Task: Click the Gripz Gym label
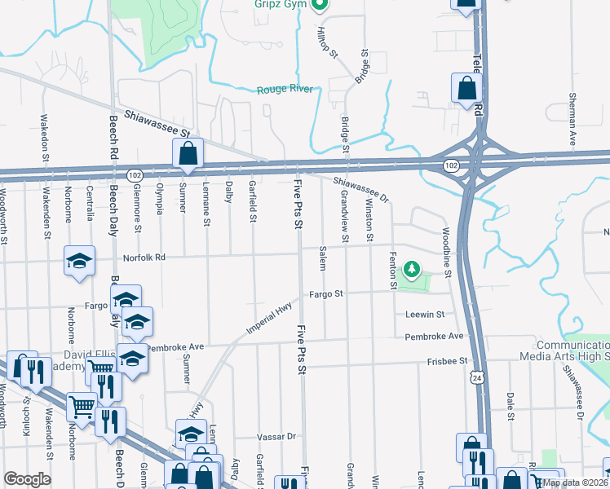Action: pyautogui.click(x=280, y=5)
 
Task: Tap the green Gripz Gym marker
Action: pyautogui.click(x=320, y=5)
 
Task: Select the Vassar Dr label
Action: pyautogui.click(x=276, y=437)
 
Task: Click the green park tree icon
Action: pyautogui.click(x=413, y=268)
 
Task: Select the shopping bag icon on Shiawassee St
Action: pyautogui.click(x=188, y=152)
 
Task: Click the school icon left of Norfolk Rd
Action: pyautogui.click(x=80, y=261)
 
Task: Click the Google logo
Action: pyautogui.click(x=27, y=479)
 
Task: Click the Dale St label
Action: pyautogui.click(x=510, y=404)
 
